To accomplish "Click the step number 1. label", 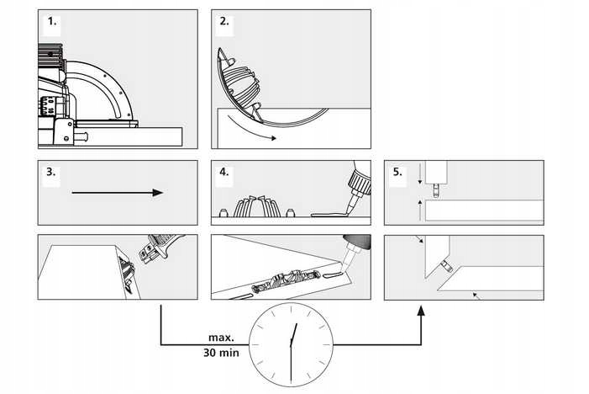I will pos(52,23).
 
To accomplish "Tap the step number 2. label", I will pos(224,23).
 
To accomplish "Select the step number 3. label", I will pos(52,173).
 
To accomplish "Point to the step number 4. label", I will pos(224,173).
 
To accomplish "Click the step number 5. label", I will pos(397,173).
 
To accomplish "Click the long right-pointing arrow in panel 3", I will pos(117,193).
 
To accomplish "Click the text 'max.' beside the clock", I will pos(222,338).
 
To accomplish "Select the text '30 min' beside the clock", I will pos(221,353).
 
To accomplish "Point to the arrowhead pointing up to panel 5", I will pos(422,310).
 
